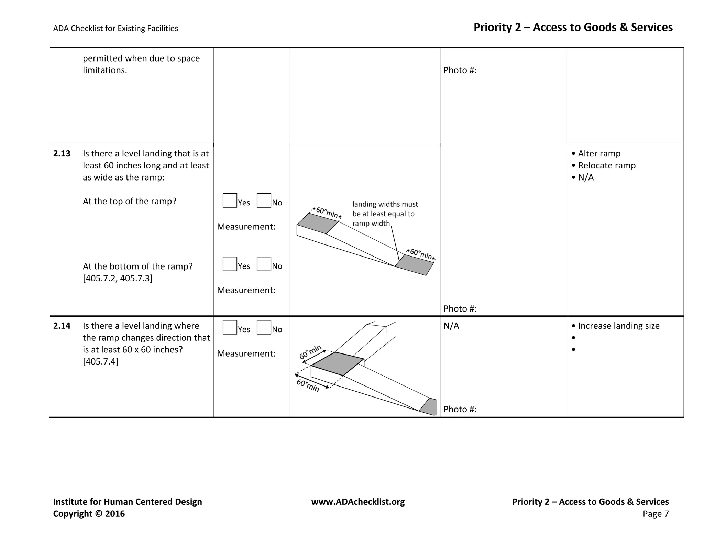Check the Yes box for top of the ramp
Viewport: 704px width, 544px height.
click(230, 200)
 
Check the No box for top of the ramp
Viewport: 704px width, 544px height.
click(264, 200)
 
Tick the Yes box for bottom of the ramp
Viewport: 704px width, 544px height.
click(230, 264)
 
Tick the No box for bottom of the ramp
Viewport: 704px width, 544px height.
click(264, 264)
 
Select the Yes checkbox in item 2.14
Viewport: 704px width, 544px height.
click(230, 327)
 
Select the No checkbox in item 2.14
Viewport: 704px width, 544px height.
click(264, 327)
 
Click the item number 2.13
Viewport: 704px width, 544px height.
click(62, 154)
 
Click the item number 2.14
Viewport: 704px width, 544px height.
click(62, 326)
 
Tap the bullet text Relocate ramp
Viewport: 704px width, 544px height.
click(606, 165)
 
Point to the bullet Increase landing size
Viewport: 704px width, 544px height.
click(618, 326)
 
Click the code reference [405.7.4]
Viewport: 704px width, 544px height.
click(100, 361)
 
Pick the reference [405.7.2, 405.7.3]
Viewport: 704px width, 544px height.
click(118, 278)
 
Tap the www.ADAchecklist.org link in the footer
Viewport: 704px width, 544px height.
click(358, 502)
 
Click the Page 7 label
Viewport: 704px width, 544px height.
click(656, 514)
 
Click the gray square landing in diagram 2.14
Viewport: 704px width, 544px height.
click(337, 364)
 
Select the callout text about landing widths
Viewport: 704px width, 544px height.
click(385, 214)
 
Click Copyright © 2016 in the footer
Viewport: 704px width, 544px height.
click(89, 514)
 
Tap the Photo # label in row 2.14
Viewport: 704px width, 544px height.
click(460, 409)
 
